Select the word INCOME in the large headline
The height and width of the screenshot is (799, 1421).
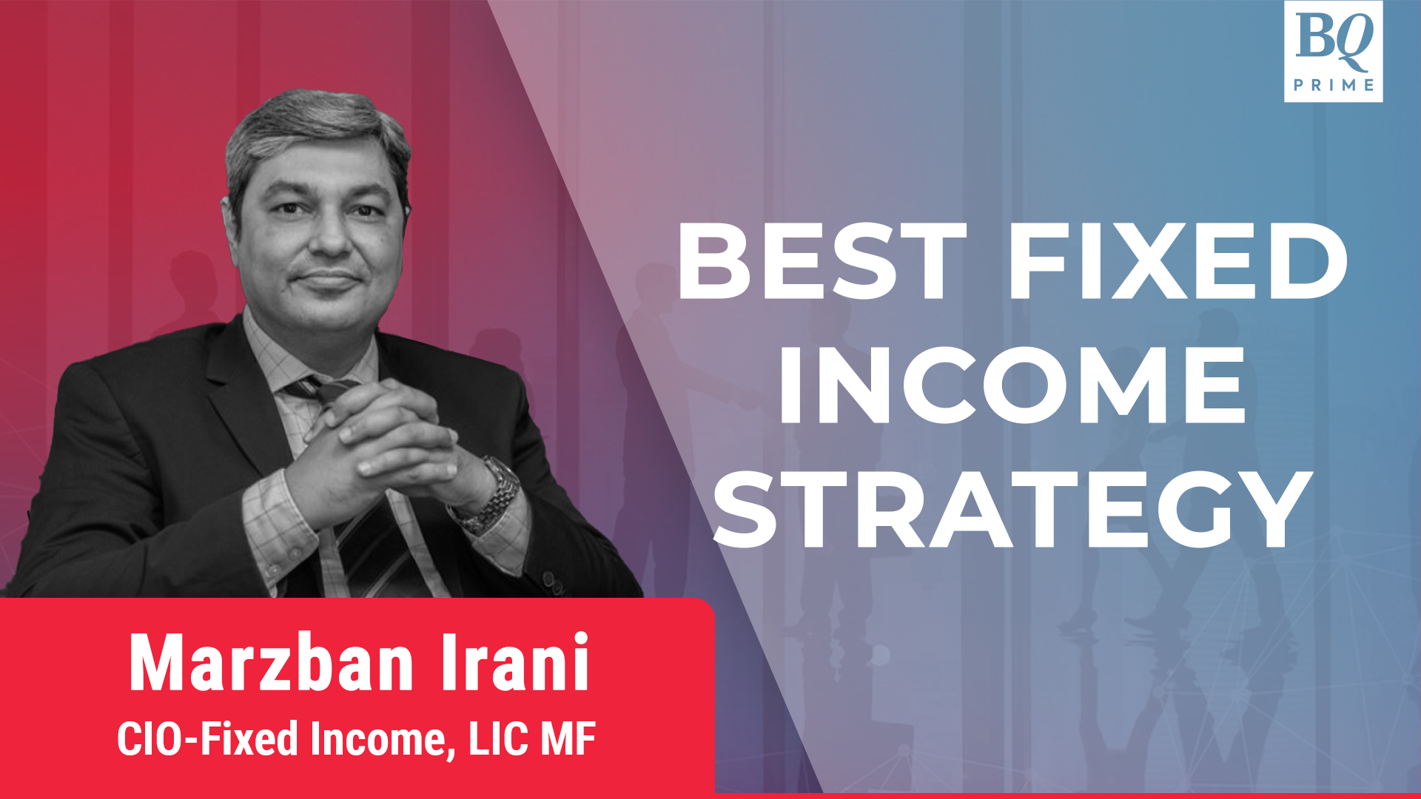[1012, 385]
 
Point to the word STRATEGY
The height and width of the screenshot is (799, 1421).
[1012, 510]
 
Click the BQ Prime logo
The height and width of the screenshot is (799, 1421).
[1333, 50]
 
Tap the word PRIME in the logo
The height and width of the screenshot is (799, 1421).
[1333, 85]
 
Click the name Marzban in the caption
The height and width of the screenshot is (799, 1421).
[271, 664]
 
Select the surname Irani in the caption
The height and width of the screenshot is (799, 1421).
[515, 664]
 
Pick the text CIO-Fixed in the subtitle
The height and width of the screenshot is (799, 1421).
[207, 738]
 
